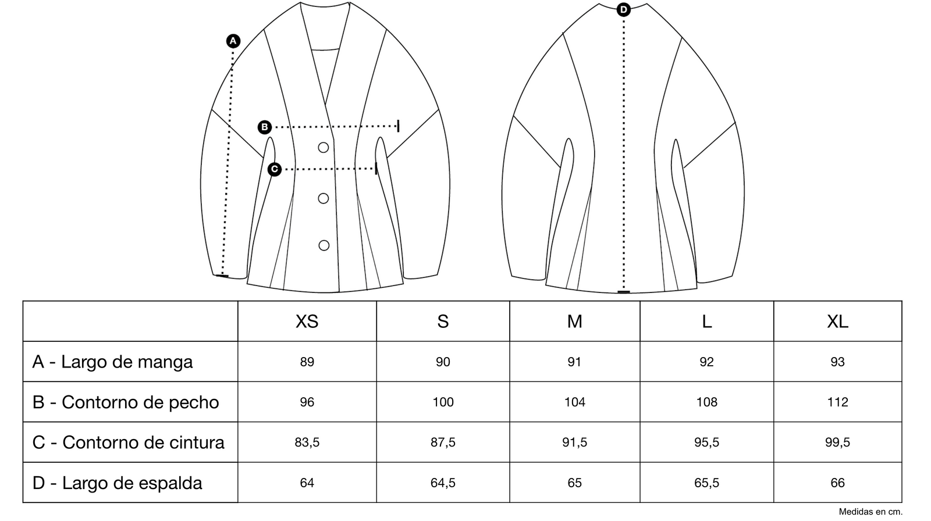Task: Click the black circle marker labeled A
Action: tap(233, 41)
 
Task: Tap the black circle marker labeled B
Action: tap(265, 127)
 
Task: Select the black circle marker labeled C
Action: tap(275, 169)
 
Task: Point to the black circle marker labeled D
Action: tap(624, 10)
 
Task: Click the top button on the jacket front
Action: tap(324, 148)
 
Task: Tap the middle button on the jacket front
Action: tap(324, 198)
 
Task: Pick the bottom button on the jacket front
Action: tap(324, 245)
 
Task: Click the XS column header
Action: tap(307, 322)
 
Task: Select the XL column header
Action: tap(837, 322)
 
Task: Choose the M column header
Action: tap(574, 322)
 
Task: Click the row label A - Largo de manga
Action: tap(112, 362)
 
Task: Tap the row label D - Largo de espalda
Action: tap(117, 483)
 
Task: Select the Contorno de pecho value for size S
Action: tap(443, 402)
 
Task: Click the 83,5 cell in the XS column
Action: tap(307, 443)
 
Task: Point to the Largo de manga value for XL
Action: tap(837, 362)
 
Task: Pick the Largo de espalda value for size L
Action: tap(706, 483)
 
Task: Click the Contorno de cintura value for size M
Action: tap(574, 443)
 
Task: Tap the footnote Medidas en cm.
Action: tap(870, 512)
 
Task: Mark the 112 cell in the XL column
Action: tap(837, 402)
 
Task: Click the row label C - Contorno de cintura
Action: tap(128, 443)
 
